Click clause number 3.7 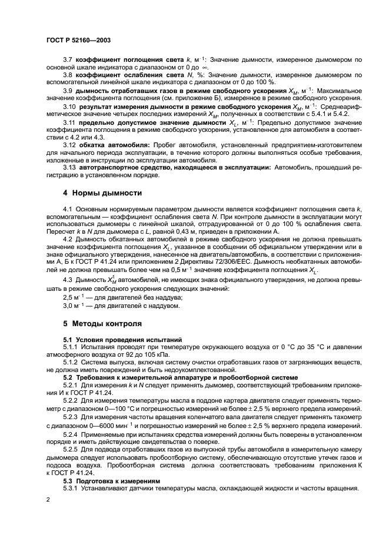(x=67, y=60)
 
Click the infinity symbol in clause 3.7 (x=208, y=68)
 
